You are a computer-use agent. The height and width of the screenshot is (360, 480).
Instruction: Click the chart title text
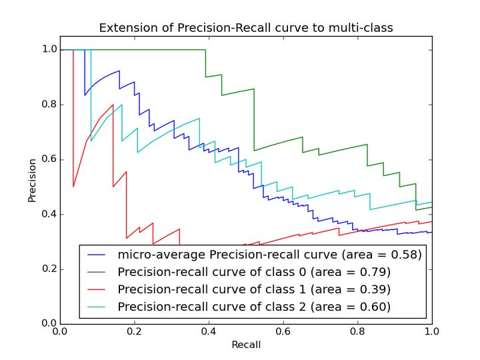pyautogui.click(x=246, y=28)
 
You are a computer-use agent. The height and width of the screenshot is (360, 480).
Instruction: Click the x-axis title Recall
pyautogui.click(x=246, y=345)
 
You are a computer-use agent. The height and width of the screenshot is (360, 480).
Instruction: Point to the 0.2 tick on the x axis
pyautogui.click(x=134, y=331)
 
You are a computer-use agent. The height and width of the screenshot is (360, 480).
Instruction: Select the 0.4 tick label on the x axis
pyautogui.click(x=209, y=331)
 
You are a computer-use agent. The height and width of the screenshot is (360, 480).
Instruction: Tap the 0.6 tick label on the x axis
pyautogui.click(x=283, y=331)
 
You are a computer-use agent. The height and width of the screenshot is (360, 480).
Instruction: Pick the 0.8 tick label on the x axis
pyautogui.click(x=357, y=331)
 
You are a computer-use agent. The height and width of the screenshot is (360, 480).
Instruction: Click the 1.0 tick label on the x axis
pyautogui.click(x=431, y=331)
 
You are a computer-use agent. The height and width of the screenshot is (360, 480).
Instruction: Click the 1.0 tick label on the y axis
pyautogui.click(x=49, y=49)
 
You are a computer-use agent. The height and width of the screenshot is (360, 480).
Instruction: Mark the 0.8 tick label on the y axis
pyautogui.click(x=49, y=105)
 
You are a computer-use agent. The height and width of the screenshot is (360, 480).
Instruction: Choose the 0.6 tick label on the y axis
pyautogui.click(x=49, y=159)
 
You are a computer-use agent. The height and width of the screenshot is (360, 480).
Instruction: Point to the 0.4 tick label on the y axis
pyautogui.click(x=49, y=214)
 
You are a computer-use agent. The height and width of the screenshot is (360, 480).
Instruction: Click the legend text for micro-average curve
pyautogui.click(x=269, y=254)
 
